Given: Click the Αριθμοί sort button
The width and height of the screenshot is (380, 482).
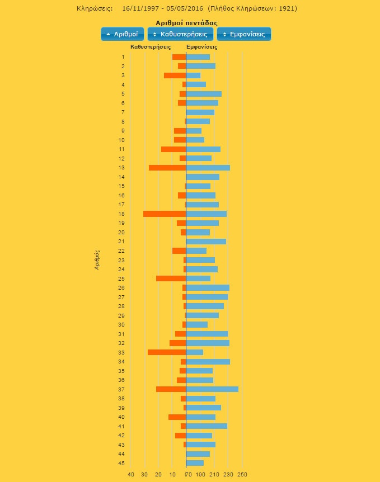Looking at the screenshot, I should (x=123, y=34).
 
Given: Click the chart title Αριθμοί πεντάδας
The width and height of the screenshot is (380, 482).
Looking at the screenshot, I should (x=186, y=23).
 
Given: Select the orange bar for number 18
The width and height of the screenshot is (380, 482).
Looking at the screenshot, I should (x=165, y=214).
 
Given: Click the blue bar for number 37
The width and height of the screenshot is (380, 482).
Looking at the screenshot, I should (x=212, y=389).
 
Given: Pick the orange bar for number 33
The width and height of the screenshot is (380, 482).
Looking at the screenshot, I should (x=167, y=352).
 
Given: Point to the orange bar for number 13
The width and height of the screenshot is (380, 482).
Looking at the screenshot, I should (x=167, y=168).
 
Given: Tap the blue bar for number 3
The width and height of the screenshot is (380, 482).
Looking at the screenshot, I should (x=193, y=75).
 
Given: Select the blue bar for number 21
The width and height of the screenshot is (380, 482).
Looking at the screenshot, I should (x=206, y=242).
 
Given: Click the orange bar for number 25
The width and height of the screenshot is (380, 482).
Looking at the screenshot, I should (x=171, y=278).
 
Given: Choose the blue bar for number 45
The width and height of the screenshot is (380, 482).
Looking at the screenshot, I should (x=195, y=463).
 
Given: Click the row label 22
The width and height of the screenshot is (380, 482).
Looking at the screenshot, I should (x=121, y=251).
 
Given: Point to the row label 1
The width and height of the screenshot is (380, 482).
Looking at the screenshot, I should (x=123, y=57).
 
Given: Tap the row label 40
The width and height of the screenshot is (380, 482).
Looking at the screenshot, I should (x=121, y=417).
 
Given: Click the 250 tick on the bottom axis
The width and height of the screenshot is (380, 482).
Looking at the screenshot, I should (x=242, y=475).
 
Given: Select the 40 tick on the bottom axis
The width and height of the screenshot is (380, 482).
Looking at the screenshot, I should (x=131, y=475).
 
